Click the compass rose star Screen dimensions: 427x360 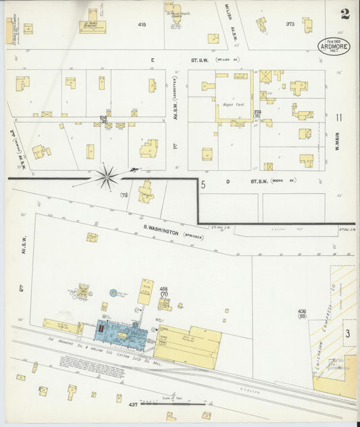pyautogui.click(x=107, y=178)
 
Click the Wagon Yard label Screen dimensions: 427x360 pyautogui.click(x=233, y=105)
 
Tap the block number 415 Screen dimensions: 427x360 pyautogui.click(x=141, y=24)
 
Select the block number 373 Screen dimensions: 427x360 pyautogui.click(x=290, y=24)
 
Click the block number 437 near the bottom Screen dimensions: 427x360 pyautogui.click(x=133, y=404)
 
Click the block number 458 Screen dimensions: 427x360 pyautogui.click(x=163, y=289)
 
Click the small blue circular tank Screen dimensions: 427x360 pyautogui.click(x=113, y=294)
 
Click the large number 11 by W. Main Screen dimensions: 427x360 pyautogui.click(x=338, y=118)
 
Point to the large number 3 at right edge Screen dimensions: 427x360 pyautogui.click(x=347, y=334)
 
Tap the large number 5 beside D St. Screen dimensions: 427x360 pyautogui.click(x=203, y=183)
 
